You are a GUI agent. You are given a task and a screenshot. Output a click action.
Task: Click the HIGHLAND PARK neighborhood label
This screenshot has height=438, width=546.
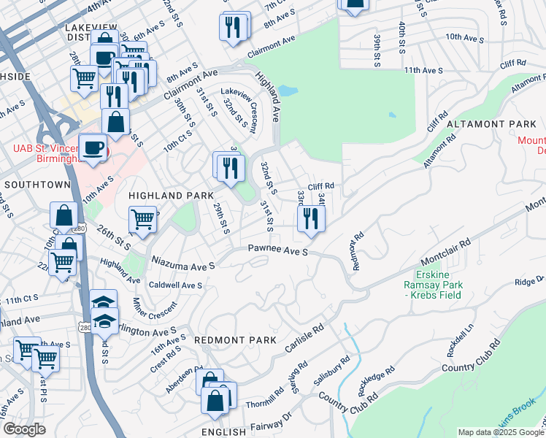point(171,196)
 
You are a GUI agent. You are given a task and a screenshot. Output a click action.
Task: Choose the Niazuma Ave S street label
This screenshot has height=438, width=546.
point(183,261)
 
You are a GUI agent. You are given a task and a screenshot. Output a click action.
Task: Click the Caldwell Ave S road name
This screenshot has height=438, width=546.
point(175,285)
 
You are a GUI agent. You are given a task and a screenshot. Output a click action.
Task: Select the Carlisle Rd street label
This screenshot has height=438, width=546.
point(303,339)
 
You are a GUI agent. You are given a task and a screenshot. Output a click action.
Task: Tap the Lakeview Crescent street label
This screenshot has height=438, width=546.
point(241,107)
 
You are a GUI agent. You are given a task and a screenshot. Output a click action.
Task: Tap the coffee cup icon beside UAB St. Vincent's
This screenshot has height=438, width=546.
point(92,147)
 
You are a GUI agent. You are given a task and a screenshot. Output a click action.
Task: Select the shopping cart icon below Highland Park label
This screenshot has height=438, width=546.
point(142,218)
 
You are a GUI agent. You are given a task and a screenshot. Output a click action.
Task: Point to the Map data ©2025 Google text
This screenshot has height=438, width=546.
point(501,432)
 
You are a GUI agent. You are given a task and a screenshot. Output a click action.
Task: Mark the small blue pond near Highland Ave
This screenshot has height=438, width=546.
point(288,92)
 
